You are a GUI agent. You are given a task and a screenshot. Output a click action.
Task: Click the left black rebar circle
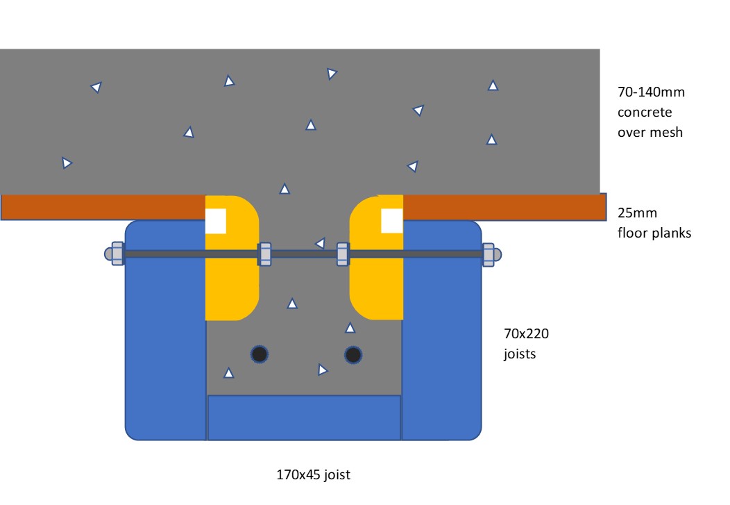point(260,354)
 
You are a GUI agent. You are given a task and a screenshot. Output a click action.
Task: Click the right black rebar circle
point(353,355)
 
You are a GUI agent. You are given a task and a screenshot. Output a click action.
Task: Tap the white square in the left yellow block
point(216,221)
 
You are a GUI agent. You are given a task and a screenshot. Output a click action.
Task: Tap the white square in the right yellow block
point(392,221)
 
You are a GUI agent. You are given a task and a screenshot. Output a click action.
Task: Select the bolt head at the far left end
point(116,254)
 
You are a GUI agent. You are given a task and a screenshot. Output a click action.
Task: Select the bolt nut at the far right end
point(491,254)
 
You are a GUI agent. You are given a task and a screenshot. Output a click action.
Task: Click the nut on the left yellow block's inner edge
point(264,254)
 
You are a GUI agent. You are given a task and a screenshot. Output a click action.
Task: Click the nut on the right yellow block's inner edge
point(342,254)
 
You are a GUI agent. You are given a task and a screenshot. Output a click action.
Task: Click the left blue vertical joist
point(165,333)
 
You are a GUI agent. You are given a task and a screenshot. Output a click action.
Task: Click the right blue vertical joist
point(441,333)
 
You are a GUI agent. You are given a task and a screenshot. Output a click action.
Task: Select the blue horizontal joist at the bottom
point(304,417)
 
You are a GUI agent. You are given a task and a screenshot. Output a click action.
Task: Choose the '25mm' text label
point(637,213)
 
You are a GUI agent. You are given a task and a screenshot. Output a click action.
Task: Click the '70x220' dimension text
point(526,334)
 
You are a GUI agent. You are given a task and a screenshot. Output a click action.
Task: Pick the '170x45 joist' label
point(314,475)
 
